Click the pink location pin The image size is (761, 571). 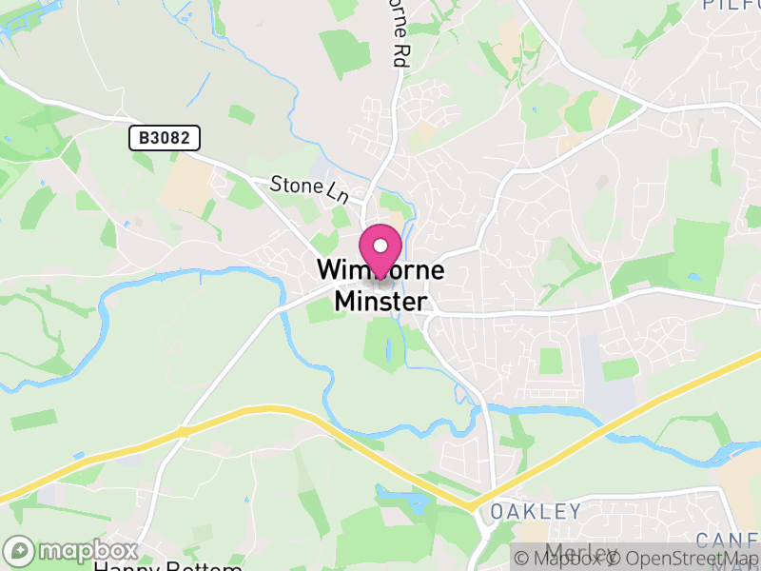click(381, 249)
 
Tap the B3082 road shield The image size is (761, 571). click(165, 138)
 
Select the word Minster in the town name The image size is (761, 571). click(381, 302)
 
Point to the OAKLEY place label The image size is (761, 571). click(536, 512)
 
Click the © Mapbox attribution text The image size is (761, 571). click(562, 559)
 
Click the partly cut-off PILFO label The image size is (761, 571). click(732, 5)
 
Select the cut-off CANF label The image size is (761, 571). click(730, 539)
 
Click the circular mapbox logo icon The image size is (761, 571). click(20, 551)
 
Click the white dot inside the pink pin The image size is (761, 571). click(381, 245)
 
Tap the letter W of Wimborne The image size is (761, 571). click(328, 270)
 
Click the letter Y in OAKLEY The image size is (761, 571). click(574, 512)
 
